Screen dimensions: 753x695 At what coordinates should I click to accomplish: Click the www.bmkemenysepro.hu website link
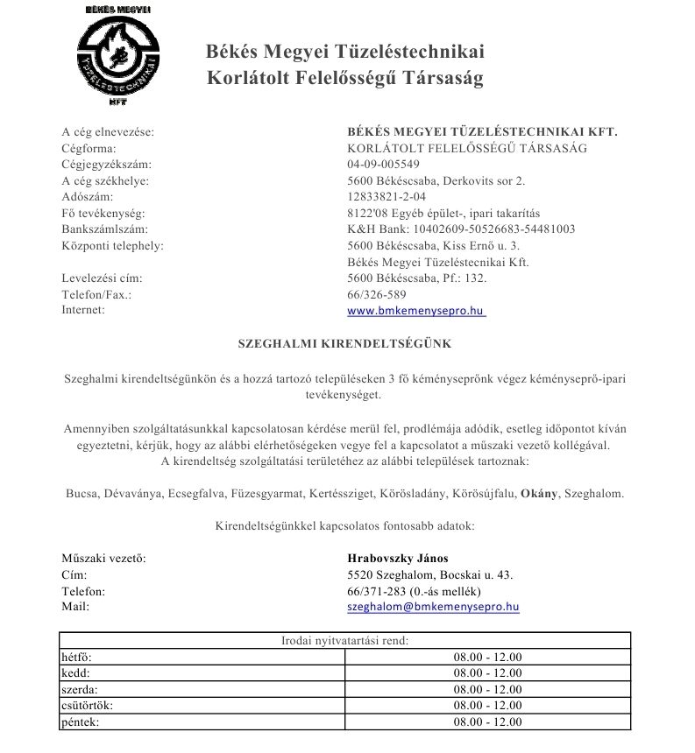pyautogui.click(x=415, y=310)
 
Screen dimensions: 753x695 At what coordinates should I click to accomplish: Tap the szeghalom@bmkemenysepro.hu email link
pyautogui.click(x=433, y=606)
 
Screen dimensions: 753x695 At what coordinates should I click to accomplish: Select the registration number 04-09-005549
pyautogui.click(x=383, y=165)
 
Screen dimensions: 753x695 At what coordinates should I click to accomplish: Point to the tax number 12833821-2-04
pyautogui.click(x=387, y=197)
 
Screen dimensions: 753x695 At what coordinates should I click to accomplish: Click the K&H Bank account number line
pyautogui.click(x=461, y=229)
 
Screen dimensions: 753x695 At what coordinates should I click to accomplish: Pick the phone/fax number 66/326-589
pyautogui.click(x=377, y=295)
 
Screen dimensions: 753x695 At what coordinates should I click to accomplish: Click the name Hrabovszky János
pyautogui.click(x=398, y=559)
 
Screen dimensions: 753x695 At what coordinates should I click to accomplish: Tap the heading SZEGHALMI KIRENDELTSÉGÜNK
pyautogui.click(x=345, y=344)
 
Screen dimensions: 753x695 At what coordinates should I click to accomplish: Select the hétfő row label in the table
pyautogui.click(x=77, y=657)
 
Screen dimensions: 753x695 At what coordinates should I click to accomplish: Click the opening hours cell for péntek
pyautogui.click(x=487, y=722)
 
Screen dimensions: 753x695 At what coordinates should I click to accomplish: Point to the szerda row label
pyautogui.click(x=79, y=690)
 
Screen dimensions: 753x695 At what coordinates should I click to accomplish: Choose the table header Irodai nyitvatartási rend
pyautogui.click(x=344, y=641)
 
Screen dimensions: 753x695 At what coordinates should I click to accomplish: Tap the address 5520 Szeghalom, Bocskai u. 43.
pyautogui.click(x=430, y=575)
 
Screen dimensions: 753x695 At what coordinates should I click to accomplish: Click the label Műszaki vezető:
pyautogui.click(x=103, y=559)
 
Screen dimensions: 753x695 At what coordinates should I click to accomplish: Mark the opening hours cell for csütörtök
pyautogui.click(x=487, y=706)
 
